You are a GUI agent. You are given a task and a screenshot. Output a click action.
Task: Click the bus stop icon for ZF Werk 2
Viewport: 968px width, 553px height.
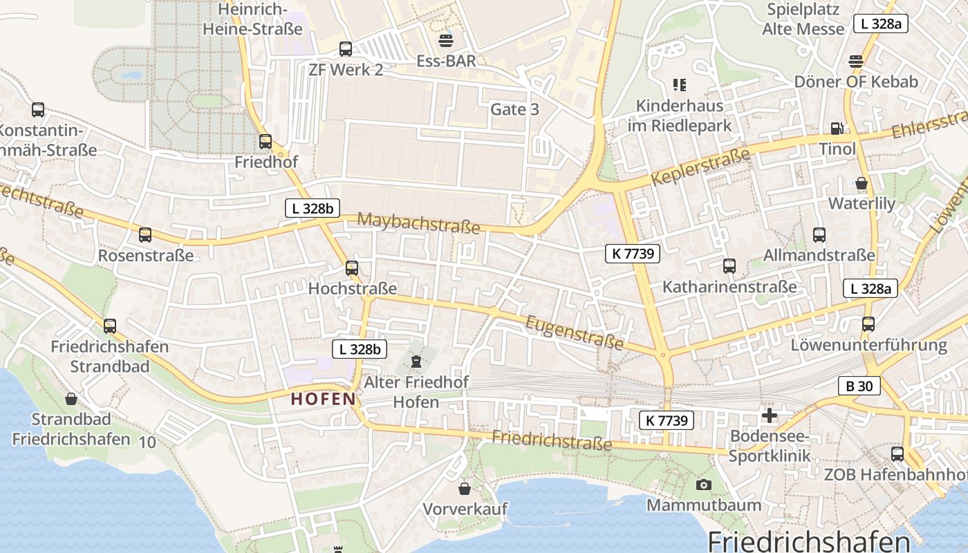point(346,49)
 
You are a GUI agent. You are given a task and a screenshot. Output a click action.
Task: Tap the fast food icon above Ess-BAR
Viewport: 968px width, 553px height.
point(446,40)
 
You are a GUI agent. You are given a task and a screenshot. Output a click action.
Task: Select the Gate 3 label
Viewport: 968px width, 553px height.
point(514,109)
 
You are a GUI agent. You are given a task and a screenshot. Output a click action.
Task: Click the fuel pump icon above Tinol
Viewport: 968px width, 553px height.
point(837,128)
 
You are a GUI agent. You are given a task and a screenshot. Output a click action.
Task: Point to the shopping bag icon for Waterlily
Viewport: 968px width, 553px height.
point(862,183)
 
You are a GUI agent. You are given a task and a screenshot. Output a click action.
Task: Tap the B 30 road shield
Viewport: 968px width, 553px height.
point(859,386)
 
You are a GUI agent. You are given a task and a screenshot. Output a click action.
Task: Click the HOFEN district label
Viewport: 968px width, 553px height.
point(323,399)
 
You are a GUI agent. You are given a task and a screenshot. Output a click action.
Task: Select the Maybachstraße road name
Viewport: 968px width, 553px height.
point(418,223)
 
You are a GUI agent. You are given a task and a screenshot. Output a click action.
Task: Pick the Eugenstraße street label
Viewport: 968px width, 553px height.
point(575,332)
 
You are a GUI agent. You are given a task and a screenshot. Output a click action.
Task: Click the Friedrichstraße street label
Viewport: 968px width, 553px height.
point(552,440)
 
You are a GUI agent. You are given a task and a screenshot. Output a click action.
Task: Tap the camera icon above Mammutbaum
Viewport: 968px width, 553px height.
point(704,485)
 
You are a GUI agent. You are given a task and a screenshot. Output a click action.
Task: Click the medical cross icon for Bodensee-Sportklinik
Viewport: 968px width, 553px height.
point(769,415)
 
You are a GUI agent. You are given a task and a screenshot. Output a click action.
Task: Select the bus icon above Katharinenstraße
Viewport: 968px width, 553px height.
point(729,266)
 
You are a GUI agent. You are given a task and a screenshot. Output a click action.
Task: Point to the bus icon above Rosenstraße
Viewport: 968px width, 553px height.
point(145,235)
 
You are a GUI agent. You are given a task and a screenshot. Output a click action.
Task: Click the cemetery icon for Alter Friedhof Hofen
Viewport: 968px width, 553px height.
point(416,362)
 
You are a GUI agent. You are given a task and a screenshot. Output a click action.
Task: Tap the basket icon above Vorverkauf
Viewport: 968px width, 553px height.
point(465,489)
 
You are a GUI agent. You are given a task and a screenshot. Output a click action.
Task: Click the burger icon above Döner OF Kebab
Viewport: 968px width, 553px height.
point(856,61)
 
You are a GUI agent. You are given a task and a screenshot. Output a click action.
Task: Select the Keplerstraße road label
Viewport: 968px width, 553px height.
point(700,169)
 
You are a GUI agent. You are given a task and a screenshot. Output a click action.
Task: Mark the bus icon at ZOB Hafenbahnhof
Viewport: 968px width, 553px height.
point(897,454)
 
